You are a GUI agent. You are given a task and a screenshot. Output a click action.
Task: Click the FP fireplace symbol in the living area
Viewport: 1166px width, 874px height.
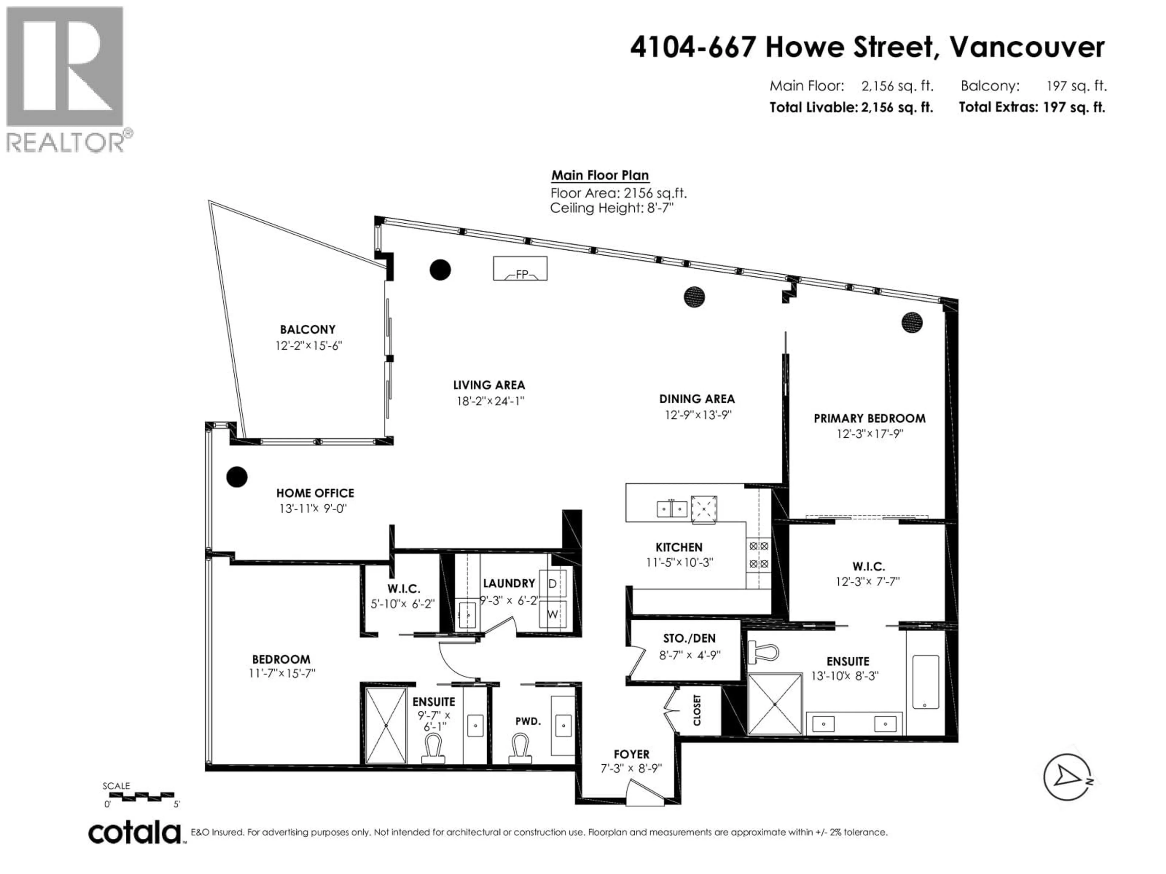point(520,269)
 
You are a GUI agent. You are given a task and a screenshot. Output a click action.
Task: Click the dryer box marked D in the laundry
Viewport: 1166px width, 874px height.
point(552,584)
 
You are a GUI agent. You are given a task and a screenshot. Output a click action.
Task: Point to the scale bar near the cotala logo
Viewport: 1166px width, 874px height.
point(139,797)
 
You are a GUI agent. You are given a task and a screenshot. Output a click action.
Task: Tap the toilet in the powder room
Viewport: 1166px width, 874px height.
point(520,749)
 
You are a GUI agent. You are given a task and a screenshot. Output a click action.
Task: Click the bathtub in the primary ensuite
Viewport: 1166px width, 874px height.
point(925,682)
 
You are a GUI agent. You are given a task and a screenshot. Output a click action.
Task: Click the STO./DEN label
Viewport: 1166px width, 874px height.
point(689,639)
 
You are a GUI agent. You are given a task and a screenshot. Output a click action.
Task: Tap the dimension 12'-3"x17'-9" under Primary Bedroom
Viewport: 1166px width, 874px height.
point(869,434)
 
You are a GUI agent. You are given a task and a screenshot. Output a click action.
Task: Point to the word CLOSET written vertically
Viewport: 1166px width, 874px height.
point(697,710)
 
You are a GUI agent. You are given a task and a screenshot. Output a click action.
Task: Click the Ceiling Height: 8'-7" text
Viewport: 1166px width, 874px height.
point(612,208)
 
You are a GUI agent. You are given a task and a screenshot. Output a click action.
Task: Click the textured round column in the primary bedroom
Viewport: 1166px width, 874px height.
point(912,322)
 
